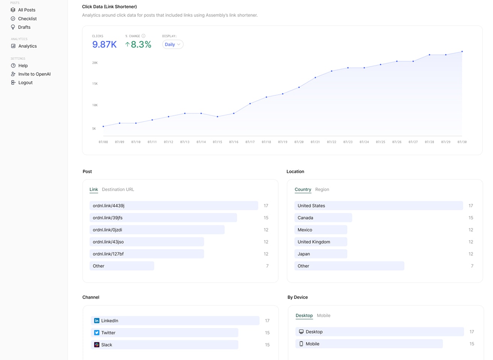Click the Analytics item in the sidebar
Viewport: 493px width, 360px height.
pos(27,46)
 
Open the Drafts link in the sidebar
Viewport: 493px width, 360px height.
pos(24,27)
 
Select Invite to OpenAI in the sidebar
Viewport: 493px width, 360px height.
pos(34,74)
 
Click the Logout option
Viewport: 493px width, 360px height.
pos(25,83)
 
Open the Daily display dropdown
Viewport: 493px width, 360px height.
pos(172,44)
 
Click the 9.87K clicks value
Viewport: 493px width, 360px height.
pos(104,44)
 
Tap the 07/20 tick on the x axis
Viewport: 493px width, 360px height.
pos(299,142)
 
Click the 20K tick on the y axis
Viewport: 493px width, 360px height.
pos(95,63)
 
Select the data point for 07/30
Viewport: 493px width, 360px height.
pos(462,51)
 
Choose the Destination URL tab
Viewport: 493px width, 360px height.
pos(118,190)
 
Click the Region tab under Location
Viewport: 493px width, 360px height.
pos(322,190)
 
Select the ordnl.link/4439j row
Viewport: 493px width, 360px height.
pos(174,206)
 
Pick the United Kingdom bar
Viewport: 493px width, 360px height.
pos(321,242)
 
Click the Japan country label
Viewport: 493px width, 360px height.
pos(304,254)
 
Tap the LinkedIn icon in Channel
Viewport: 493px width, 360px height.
pos(97,321)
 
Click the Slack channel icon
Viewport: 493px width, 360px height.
pos(97,345)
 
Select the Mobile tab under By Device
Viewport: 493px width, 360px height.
pos(324,316)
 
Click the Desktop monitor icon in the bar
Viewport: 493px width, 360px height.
pos(301,332)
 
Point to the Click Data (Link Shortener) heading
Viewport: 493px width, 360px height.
pos(109,7)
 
